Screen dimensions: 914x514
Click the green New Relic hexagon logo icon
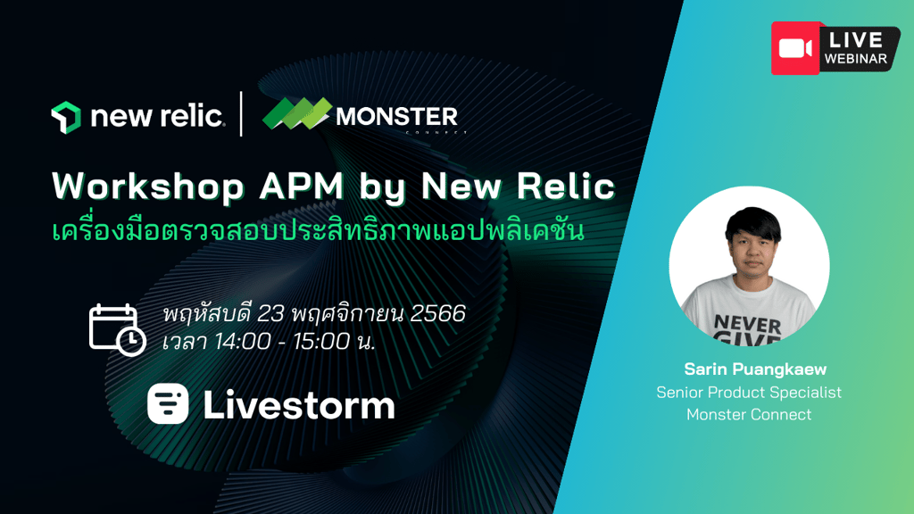click(66, 118)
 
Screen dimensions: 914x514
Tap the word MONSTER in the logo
click(397, 117)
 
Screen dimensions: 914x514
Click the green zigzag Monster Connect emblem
click(296, 113)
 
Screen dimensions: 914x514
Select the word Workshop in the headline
click(147, 187)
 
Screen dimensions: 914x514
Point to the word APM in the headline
click(302, 187)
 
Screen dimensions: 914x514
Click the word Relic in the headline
click(566, 187)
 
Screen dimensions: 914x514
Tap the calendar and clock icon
click(117, 330)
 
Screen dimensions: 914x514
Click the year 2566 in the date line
click(437, 313)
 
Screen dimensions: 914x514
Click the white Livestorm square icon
click(168, 403)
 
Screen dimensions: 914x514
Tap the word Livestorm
click(299, 404)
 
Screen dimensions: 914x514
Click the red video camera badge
click(795, 48)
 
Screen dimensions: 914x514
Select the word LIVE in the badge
click(856, 40)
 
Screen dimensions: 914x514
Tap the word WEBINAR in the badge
click(856, 59)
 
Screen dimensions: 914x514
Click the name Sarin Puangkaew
click(755, 369)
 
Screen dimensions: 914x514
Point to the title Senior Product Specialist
click(749, 393)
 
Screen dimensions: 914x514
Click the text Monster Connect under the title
click(749, 414)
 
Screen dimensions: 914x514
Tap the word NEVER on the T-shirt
click(747, 323)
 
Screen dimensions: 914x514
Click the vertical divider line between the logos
click(241, 114)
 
